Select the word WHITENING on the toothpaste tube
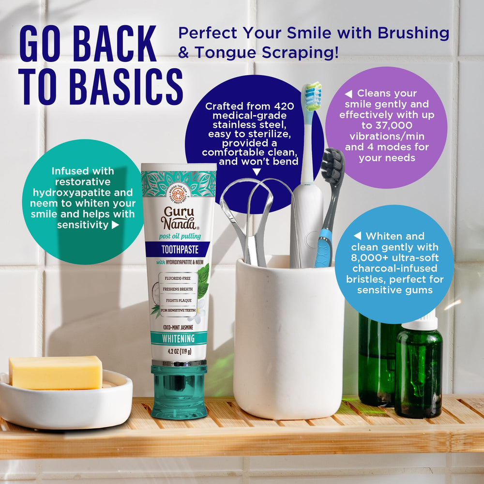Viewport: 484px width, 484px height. click(179, 338)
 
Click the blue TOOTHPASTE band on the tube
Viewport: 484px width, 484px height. click(179, 250)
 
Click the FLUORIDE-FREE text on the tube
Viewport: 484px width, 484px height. click(178, 279)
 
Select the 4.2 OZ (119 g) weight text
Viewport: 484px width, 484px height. click(179, 351)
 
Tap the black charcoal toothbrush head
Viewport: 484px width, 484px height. click(333, 167)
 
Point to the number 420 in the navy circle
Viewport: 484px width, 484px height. click(283, 106)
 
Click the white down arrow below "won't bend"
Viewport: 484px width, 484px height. click(257, 171)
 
